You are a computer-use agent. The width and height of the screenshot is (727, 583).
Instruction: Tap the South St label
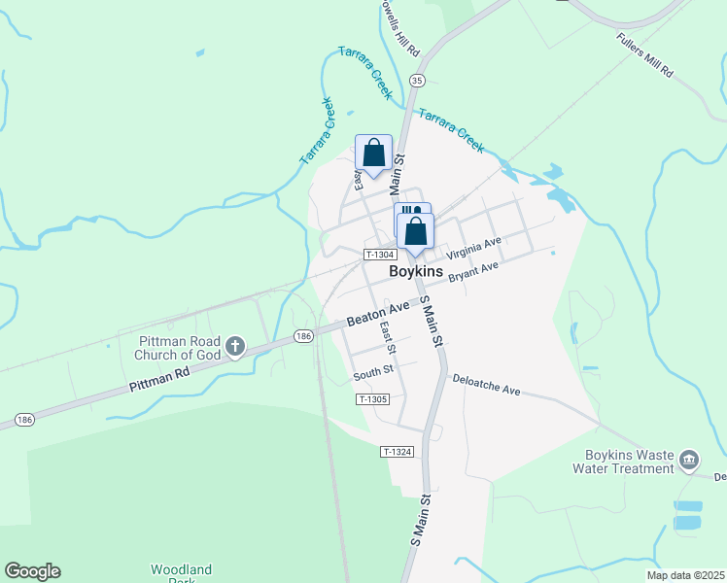(372, 371)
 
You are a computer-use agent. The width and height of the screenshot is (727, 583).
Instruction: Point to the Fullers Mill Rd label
(644, 57)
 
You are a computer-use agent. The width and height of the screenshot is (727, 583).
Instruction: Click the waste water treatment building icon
(689, 460)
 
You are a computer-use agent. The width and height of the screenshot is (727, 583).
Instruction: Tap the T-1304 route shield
(377, 255)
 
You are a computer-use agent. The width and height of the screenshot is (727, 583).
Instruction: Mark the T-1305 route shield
(373, 399)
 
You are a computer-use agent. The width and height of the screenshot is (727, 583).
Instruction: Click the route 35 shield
(417, 81)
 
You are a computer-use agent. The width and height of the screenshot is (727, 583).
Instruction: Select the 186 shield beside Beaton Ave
(304, 336)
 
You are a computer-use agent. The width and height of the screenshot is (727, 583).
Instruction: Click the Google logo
(32, 571)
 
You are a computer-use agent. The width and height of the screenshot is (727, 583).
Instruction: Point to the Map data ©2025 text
(685, 575)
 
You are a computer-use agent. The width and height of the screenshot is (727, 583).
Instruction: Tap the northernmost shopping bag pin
(373, 154)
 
